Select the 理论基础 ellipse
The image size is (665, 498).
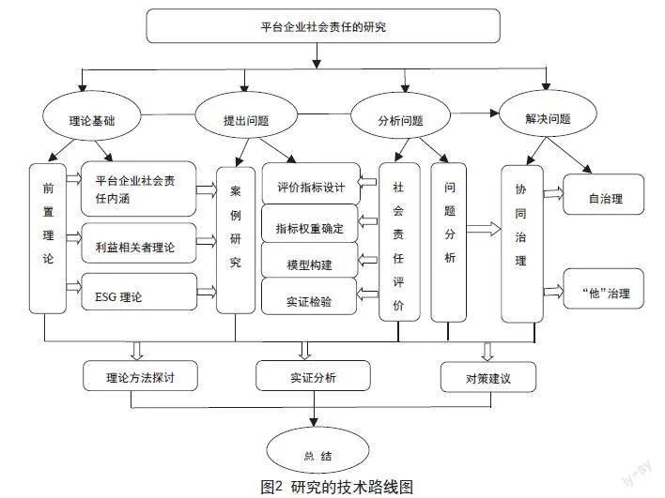pyautogui.click(x=92, y=120)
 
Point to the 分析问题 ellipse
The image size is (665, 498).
pyautogui.click(x=399, y=120)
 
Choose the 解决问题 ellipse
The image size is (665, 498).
pyautogui.click(x=548, y=119)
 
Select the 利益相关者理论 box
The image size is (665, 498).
pyautogui.click(x=140, y=246)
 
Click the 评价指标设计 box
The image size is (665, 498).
pyautogui.click(x=310, y=187)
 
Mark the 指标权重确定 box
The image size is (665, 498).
pyautogui.click(x=310, y=228)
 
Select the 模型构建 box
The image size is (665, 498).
pyautogui.click(x=310, y=265)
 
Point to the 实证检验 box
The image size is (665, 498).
pyautogui.click(x=310, y=302)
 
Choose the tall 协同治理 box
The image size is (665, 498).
pyautogui.click(x=521, y=242)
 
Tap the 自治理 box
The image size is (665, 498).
pyautogui.click(x=606, y=198)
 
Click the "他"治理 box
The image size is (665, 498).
pyautogui.click(x=606, y=293)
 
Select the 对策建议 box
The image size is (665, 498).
pyautogui.click(x=487, y=377)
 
